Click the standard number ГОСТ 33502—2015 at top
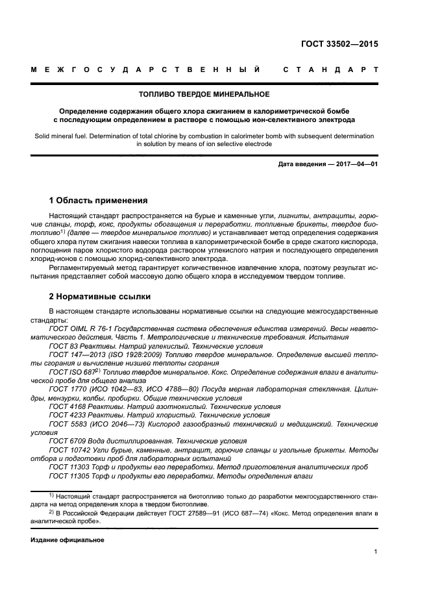pos(339,45)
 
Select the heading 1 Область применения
pos(99,201)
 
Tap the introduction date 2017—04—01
pos(356,165)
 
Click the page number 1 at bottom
pos(376,552)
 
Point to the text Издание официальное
pos(67,540)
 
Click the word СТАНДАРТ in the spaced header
pos(330,69)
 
